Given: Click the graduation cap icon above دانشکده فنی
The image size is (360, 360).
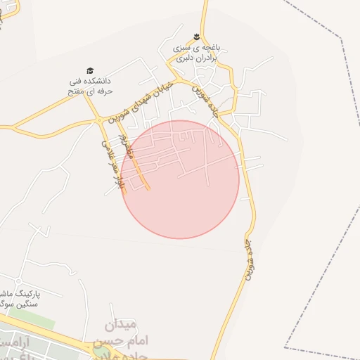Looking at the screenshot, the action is (x=90, y=70).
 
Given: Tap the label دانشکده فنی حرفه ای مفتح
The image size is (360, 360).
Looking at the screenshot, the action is (x=87, y=85).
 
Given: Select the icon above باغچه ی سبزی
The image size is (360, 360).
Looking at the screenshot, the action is (x=198, y=38).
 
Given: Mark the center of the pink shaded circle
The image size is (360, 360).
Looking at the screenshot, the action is (x=180, y=179).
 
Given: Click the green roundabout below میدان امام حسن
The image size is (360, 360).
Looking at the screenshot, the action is (x=102, y=349).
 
